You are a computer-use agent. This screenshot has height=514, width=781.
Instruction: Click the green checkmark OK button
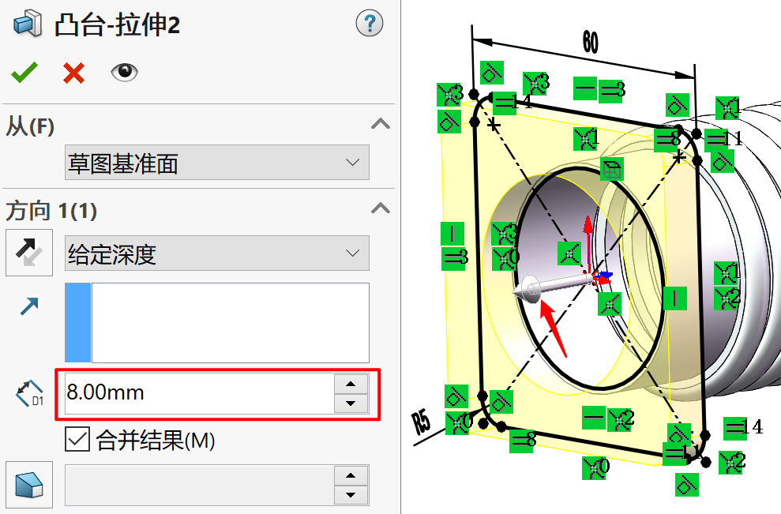tap(24, 73)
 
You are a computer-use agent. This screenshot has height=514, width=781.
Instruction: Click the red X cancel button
tap(73, 73)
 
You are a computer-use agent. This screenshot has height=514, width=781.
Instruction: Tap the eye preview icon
tap(124, 73)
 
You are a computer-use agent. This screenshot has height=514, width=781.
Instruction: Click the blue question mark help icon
tap(369, 24)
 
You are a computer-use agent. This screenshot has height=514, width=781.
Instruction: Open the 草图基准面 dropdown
tap(216, 163)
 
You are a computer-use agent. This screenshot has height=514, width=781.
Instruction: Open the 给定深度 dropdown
tap(216, 254)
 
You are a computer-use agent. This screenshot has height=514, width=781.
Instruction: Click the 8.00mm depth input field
tap(197, 392)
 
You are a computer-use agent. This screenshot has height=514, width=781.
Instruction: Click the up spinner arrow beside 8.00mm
tap(351, 384)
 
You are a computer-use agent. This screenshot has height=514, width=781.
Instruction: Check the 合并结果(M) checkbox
tap(77, 439)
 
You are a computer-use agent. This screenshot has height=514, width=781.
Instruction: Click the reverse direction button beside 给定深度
tap(29, 253)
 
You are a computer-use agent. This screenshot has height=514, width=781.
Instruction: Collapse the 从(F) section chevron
tap(381, 124)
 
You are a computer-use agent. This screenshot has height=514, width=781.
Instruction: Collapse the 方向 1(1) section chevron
tap(381, 209)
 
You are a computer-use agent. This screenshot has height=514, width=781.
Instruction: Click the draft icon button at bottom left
tap(29, 484)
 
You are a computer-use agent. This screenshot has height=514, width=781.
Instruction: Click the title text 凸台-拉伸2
tap(117, 25)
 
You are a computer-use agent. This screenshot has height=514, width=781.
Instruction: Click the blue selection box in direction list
tap(77, 322)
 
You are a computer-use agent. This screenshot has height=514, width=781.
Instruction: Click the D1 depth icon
tap(29, 392)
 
